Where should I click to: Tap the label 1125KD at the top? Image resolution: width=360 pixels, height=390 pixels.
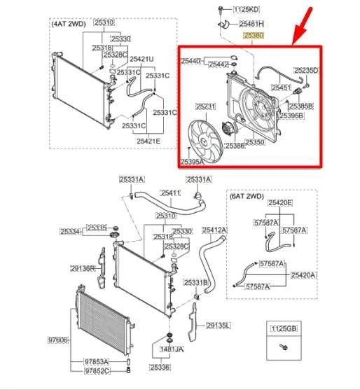click(x=247, y=9)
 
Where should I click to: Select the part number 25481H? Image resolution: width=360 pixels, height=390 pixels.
click(x=252, y=23)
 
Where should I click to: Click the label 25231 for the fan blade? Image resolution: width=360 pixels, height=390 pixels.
click(x=207, y=106)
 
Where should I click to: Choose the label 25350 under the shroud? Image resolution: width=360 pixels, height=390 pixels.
click(x=255, y=142)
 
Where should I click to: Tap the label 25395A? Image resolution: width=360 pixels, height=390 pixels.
click(x=192, y=162)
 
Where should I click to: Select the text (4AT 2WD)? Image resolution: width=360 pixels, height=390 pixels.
click(x=69, y=23)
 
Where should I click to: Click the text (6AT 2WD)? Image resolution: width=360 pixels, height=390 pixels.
click(x=247, y=197)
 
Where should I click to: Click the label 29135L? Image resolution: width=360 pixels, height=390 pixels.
click(x=219, y=325)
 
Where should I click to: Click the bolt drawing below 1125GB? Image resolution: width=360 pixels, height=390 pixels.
click(x=284, y=347)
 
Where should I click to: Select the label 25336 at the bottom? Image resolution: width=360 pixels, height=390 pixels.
click(x=160, y=368)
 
